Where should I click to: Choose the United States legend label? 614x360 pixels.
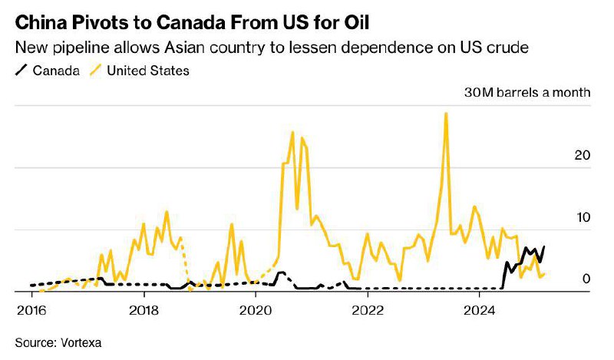pyautogui.click(x=148, y=71)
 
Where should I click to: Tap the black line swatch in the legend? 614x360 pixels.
pyautogui.click(x=21, y=71)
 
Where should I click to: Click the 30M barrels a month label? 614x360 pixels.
pyautogui.click(x=528, y=93)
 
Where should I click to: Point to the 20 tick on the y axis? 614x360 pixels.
pyautogui.click(x=583, y=155)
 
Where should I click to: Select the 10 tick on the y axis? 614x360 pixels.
pyautogui.click(x=583, y=217)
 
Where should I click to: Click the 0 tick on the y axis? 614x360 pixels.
pyautogui.click(x=586, y=279)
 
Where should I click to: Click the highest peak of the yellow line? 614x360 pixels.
pyautogui.click(x=446, y=114)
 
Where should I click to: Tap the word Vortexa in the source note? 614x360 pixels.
pyautogui.click(x=81, y=341)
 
